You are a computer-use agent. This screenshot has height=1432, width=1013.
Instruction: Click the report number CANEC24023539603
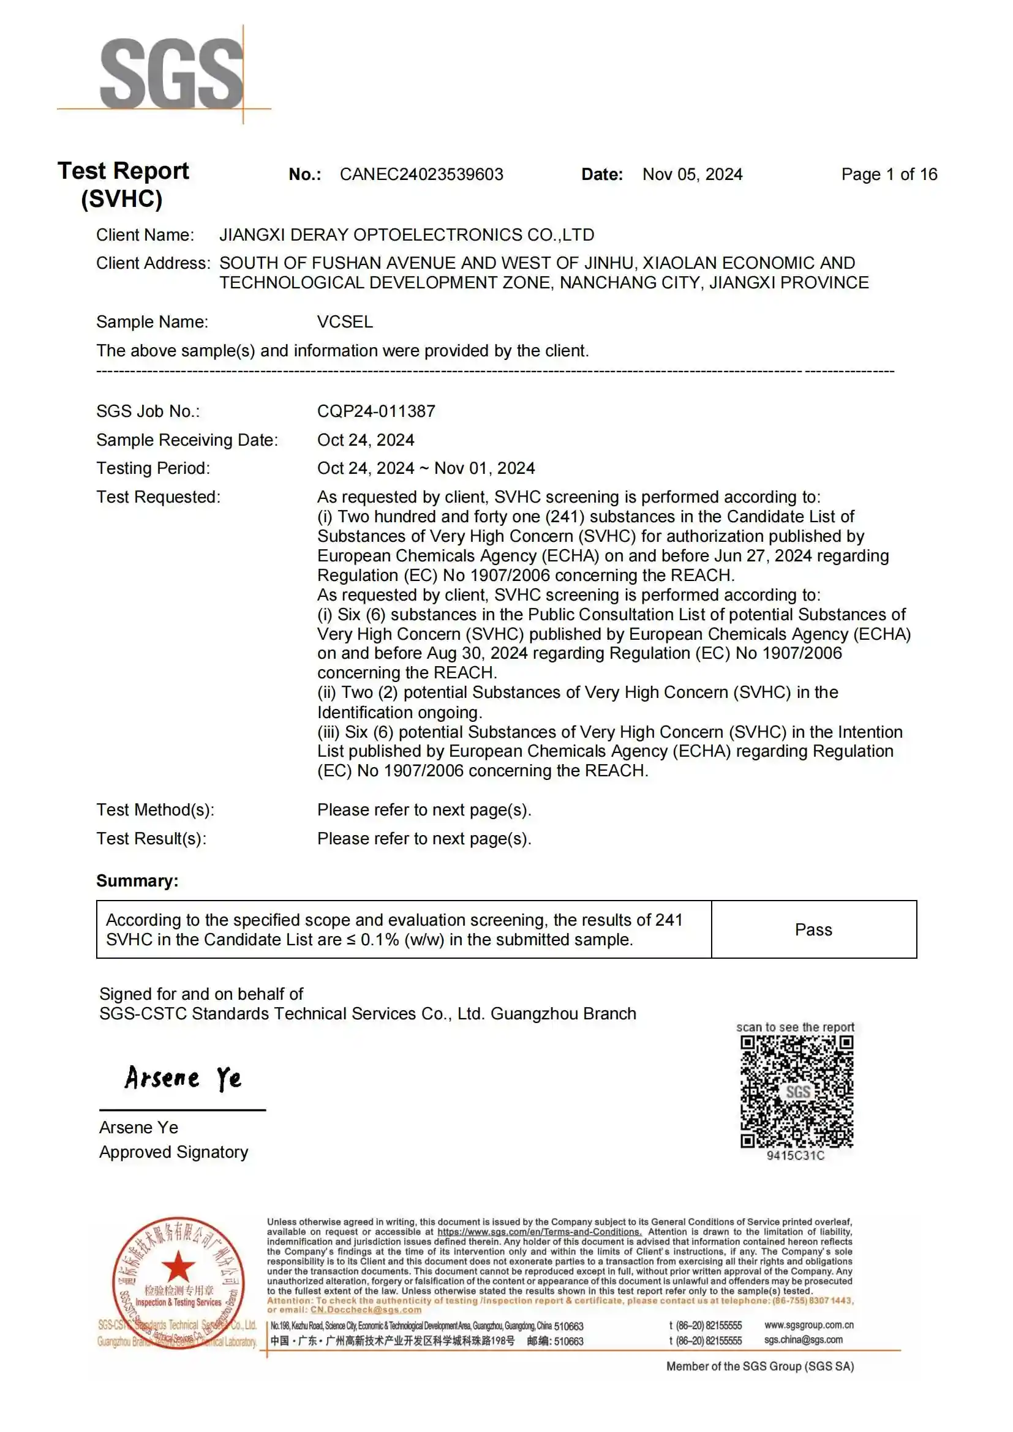tap(421, 174)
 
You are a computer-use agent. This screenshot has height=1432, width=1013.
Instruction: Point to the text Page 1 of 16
tap(888, 174)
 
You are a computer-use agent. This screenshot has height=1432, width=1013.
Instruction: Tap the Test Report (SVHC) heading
tap(123, 185)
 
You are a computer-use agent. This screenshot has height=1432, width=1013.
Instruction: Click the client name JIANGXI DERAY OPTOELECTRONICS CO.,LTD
tap(406, 235)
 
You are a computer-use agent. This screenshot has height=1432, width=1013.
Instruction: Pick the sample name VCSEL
tap(344, 322)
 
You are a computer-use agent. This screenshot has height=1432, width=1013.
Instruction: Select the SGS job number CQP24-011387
tap(375, 411)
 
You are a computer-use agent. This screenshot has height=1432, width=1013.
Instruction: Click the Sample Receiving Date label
tap(187, 440)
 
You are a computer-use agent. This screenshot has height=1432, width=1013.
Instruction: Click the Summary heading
tap(137, 880)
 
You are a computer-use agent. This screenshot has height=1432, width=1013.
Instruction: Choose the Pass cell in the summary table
tap(813, 930)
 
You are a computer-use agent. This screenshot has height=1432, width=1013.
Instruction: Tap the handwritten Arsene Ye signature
tap(183, 1078)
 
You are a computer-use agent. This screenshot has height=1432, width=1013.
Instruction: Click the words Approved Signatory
tap(173, 1152)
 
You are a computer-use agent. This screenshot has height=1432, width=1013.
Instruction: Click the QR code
tap(797, 1092)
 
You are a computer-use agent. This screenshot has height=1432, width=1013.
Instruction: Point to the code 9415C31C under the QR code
tap(796, 1156)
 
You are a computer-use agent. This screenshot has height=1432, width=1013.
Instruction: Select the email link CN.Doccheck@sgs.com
tap(366, 1310)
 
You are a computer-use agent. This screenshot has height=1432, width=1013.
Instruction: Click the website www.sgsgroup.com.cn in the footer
tap(808, 1325)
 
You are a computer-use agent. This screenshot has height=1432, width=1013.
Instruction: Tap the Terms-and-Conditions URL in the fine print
tap(539, 1232)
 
